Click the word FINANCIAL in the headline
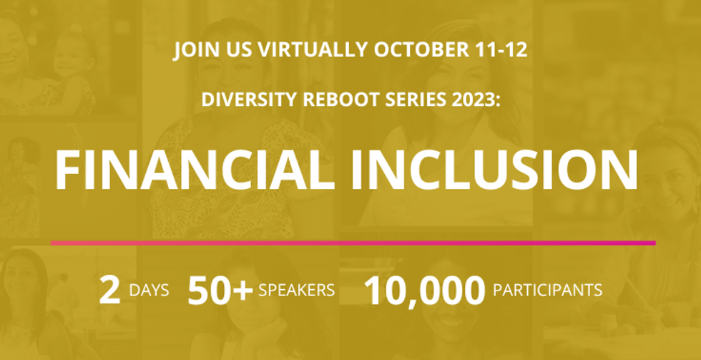[195, 170]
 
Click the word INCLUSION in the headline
[494, 170]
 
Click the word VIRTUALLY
[313, 50]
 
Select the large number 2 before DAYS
[110, 291]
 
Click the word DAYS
[149, 291]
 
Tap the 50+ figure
[220, 291]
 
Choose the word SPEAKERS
[297, 291]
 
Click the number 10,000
[425, 291]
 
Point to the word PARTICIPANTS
[548, 291]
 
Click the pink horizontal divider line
[353, 243]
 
